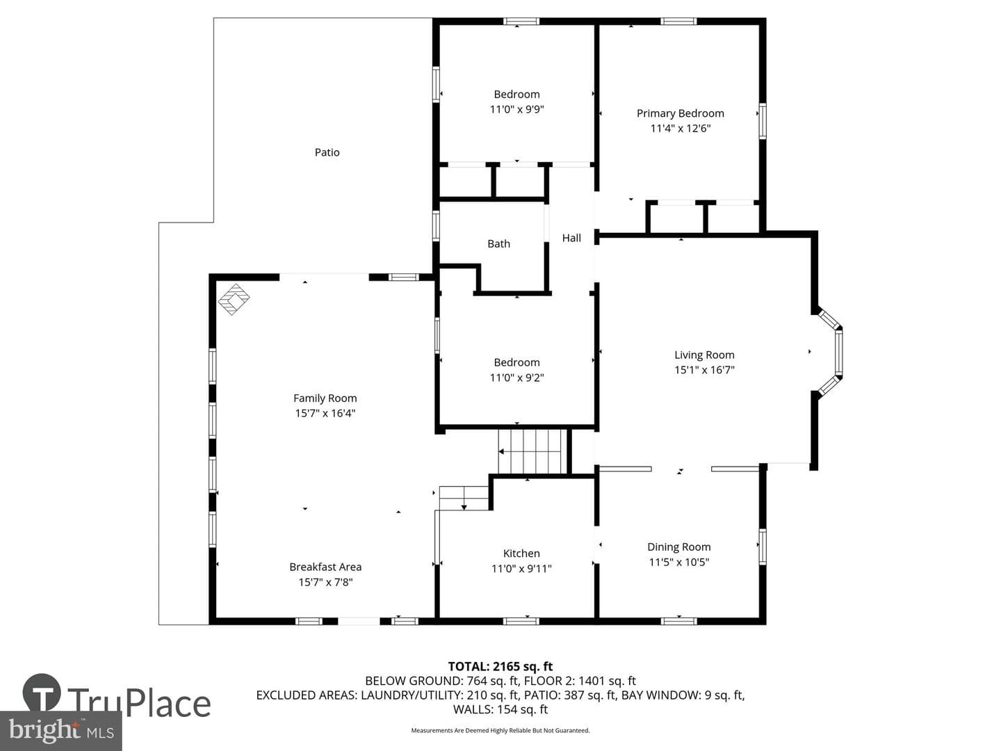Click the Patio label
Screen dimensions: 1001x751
(327, 152)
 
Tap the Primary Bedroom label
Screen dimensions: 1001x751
(680, 113)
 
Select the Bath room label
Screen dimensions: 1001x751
(498, 244)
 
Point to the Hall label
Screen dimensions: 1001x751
(571, 238)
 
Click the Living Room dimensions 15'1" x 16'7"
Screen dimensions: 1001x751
(704, 370)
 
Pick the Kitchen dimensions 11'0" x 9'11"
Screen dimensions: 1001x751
(521, 569)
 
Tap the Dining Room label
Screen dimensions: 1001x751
(678, 547)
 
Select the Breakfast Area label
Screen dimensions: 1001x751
(325, 567)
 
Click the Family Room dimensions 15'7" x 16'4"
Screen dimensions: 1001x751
(325, 413)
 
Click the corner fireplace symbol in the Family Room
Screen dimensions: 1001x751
(234, 299)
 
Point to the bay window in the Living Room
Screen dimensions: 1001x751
(830, 352)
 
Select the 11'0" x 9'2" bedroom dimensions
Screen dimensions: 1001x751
(516, 378)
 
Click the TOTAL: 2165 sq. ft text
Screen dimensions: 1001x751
(500, 667)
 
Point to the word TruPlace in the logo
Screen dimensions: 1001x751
(139, 702)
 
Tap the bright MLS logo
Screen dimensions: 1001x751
(60, 731)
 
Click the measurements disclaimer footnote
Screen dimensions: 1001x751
(500, 730)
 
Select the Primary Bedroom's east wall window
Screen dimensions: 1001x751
(762, 121)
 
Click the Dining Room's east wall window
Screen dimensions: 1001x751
(762, 547)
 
